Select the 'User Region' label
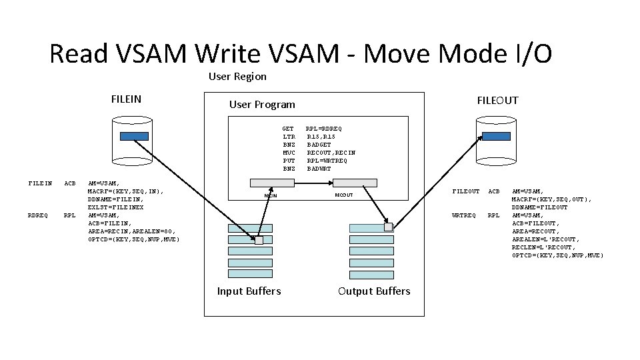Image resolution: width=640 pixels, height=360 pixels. [237, 77]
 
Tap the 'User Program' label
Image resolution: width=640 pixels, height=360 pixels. [261, 105]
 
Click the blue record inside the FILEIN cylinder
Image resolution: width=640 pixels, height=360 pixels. [134, 136]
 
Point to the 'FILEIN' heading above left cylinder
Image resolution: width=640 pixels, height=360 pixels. [126, 99]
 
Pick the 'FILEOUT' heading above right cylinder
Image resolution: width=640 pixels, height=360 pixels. [497, 101]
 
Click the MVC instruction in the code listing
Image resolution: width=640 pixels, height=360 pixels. [288, 153]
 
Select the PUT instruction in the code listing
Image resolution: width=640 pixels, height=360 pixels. [288, 161]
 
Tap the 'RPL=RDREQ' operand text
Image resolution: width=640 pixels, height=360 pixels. [324, 129]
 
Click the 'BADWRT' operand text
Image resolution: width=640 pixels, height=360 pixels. [319, 169]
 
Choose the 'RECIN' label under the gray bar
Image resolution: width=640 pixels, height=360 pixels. [271, 196]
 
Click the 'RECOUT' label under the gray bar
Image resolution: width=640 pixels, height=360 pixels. [344, 196]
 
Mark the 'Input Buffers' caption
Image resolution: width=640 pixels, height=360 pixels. [249, 291]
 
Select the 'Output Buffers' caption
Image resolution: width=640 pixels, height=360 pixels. [374, 291]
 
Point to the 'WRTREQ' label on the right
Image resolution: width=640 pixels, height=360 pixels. [464, 215]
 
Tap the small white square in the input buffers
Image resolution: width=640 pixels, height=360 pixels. [259, 240]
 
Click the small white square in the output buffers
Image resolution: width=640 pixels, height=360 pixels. [388, 227]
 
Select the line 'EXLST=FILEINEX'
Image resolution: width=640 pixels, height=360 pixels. [116, 207]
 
